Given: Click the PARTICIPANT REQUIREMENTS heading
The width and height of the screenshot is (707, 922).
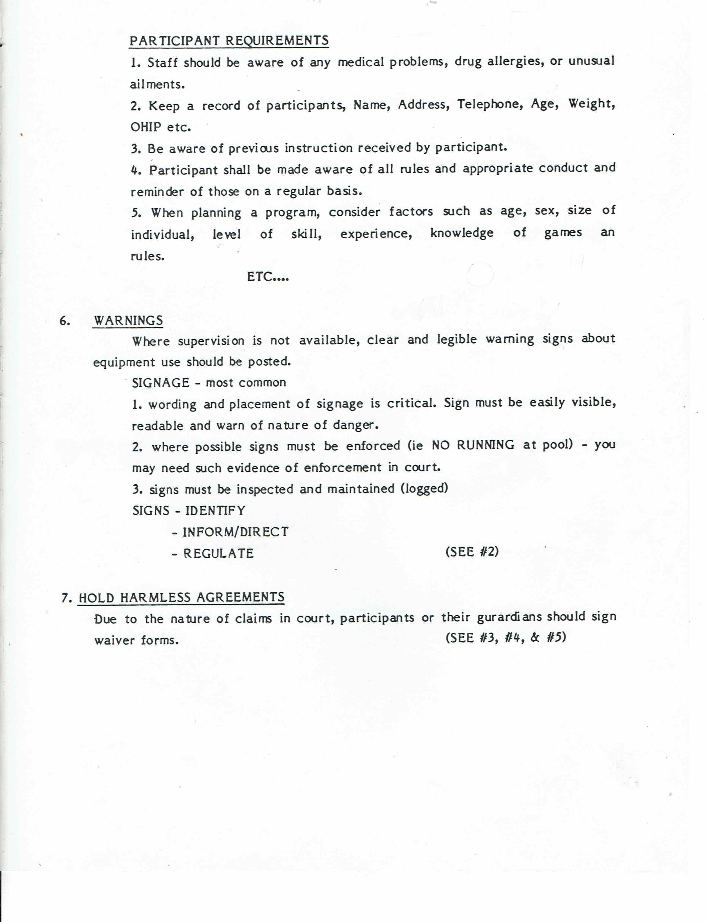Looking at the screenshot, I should click(x=229, y=41).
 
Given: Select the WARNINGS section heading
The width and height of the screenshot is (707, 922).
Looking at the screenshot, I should click(x=128, y=321).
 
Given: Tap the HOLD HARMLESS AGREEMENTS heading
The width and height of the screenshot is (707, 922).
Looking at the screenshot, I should click(x=181, y=597).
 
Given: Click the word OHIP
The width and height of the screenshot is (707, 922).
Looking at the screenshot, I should click(x=146, y=127).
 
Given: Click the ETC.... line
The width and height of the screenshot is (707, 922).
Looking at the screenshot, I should click(x=268, y=277).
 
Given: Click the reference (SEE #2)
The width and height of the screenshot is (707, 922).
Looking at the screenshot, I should click(x=472, y=552).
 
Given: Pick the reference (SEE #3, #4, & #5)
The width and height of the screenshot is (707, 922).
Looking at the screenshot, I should click(x=505, y=637).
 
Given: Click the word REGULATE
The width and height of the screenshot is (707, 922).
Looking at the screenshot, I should click(x=218, y=553).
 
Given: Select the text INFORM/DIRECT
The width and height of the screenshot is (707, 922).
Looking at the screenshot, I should click(x=235, y=532).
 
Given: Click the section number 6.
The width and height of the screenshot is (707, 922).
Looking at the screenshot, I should click(x=64, y=321).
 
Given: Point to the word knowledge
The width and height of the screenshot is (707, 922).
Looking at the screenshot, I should click(x=462, y=233).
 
